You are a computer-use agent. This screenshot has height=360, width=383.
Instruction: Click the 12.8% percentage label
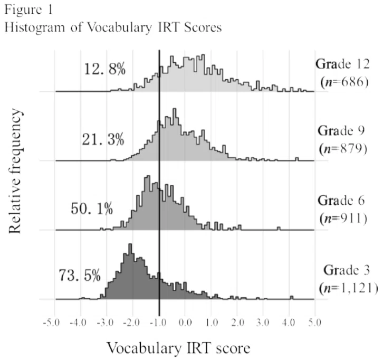[104, 69]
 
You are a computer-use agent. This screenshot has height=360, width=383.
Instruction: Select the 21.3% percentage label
[103, 140]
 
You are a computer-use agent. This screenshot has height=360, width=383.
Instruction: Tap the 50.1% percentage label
[92, 209]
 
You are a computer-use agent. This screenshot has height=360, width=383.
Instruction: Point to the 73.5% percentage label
[80, 276]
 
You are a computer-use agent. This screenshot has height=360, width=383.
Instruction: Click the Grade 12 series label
[342, 64]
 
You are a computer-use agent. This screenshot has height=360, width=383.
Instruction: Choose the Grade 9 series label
[341, 131]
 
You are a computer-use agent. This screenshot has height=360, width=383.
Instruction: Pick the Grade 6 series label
[341, 201]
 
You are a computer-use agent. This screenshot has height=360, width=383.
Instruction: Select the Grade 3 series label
[347, 270]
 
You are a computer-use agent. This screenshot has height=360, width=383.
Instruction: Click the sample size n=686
[344, 82]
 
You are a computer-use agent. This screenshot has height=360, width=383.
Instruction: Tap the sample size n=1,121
[349, 288]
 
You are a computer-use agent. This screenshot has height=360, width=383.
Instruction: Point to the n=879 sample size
[343, 149]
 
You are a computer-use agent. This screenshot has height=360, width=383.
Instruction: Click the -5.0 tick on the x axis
[51, 323]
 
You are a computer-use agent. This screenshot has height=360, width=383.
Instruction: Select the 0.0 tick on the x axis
[185, 323]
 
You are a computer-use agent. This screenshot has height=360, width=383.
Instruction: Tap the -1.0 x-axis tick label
[158, 323]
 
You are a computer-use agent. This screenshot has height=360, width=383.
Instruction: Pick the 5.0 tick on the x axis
[314, 323]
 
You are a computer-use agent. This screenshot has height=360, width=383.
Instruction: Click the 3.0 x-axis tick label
[263, 323]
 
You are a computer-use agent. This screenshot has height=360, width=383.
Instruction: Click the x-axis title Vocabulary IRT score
[179, 348]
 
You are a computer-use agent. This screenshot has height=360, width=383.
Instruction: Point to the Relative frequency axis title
[15, 171]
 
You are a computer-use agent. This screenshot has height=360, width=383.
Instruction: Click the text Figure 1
[28, 10]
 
